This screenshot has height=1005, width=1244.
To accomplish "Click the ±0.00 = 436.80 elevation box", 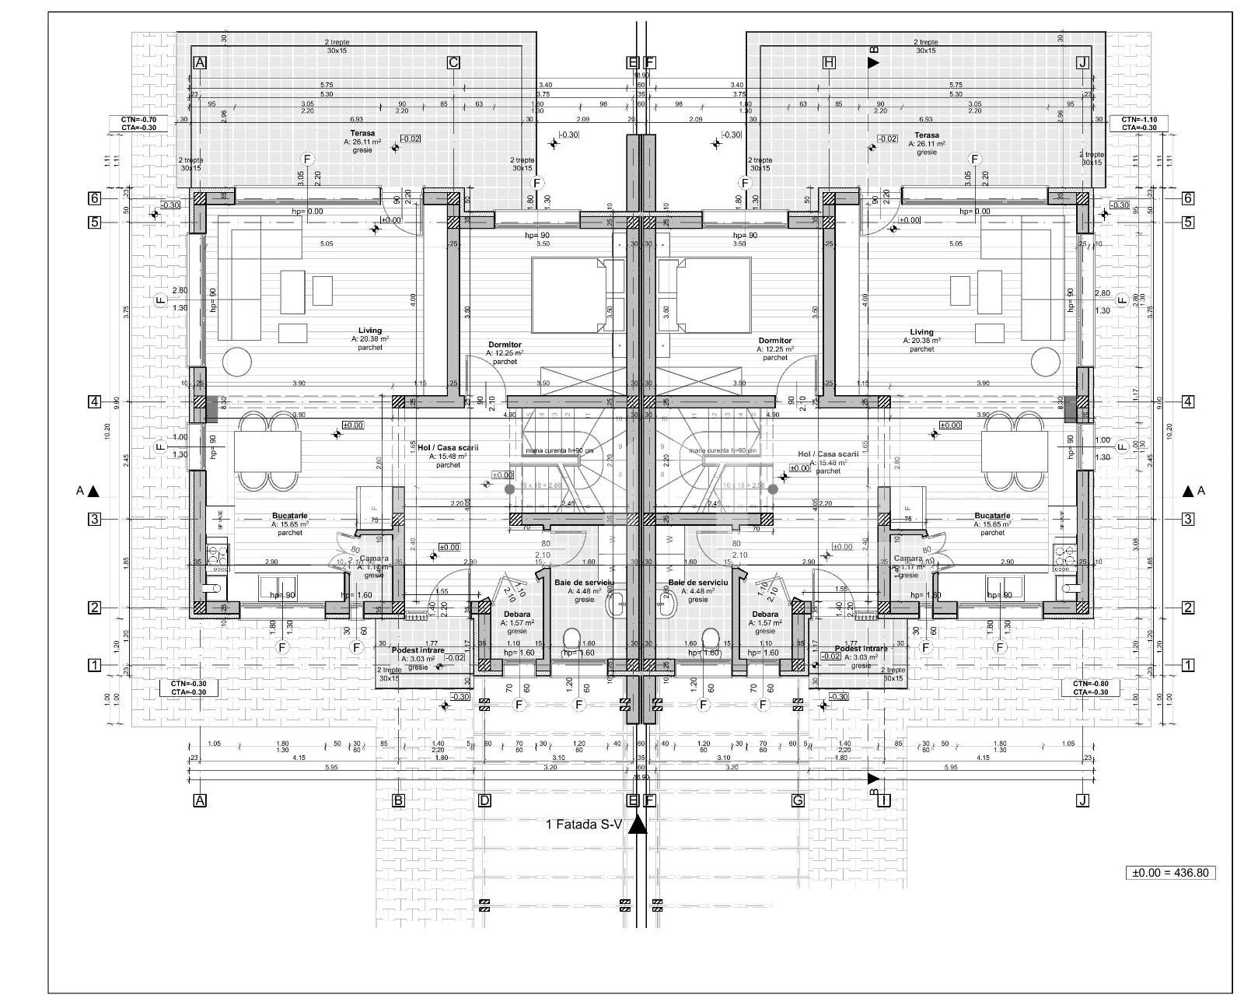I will click(1170, 873).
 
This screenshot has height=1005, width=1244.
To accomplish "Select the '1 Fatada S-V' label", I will click(584, 824).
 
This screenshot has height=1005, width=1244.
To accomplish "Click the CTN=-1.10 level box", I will click(1139, 123).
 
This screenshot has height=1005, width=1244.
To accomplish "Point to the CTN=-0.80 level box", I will click(1091, 688).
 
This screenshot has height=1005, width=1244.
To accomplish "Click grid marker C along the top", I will click(454, 63).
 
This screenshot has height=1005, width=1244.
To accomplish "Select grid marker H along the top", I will click(829, 63).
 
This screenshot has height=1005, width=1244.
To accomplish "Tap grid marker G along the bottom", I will click(797, 800).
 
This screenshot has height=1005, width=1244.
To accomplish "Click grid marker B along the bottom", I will click(398, 800).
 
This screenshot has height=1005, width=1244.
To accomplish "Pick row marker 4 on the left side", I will click(94, 402).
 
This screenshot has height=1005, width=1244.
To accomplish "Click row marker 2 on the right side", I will click(1188, 608).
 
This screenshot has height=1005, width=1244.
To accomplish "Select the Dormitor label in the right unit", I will click(774, 341).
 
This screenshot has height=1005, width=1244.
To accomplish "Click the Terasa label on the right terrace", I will click(928, 135).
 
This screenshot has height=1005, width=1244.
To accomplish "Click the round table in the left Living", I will click(236, 362).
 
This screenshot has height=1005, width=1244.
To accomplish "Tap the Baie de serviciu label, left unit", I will click(584, 582).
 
